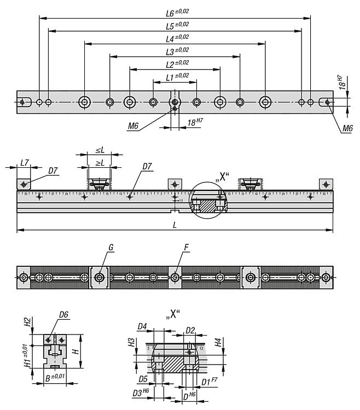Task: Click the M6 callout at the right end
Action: pos(347,128)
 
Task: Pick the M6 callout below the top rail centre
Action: pos(133,126)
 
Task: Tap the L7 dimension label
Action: pos(24,163)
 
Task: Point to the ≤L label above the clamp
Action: pos(100,150)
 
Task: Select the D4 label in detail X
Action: pos(143,327)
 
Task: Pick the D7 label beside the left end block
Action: pos(53,171)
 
